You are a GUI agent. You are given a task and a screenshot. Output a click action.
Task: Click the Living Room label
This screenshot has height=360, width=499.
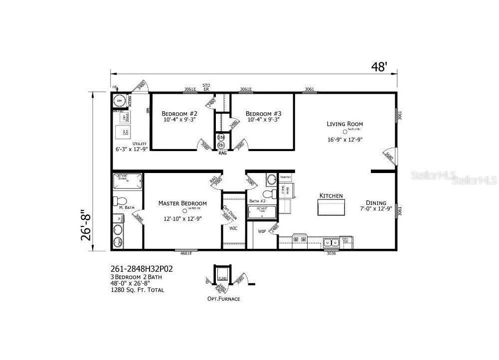click(345, 124)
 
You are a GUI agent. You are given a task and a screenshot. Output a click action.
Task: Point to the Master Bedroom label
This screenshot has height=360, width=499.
click(182, 203)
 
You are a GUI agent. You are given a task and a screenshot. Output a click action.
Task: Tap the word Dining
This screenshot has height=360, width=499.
click(376, 202)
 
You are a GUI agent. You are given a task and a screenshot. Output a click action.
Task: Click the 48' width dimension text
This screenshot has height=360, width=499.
click(379, 66)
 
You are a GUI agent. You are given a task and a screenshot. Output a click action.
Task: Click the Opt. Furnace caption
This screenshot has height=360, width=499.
click(224, 299)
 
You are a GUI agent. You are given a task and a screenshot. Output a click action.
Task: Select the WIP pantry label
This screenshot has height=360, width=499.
click(262, 231)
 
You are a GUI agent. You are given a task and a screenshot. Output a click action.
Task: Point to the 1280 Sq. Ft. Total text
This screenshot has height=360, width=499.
click(137, 290)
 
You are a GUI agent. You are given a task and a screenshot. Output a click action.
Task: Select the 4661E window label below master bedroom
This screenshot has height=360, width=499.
click(186, 253)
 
